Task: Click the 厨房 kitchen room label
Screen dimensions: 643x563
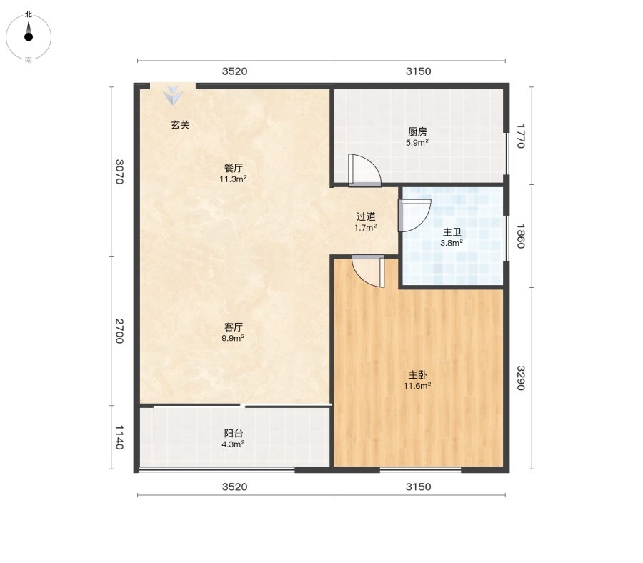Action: (x=417, y=131)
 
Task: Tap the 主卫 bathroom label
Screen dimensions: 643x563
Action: (x=452, y=232)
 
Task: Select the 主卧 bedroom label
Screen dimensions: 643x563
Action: (x=417, y=375)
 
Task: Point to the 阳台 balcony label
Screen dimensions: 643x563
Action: (x=234, y=434)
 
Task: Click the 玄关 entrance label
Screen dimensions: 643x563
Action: (x=181, y=125)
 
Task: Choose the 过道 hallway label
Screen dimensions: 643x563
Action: (x=365, y=216)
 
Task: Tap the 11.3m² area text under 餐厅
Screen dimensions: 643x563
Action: (x=233, y=179)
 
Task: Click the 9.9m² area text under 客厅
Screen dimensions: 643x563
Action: (x=233, y=338)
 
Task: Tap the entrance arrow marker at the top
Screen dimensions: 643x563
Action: (x=173, y=95)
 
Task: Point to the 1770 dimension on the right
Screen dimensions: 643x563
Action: (x=520, y=136)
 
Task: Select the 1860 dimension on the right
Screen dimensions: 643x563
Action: (x=520, y=236)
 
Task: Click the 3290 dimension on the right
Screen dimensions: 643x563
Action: (x=520, y=378)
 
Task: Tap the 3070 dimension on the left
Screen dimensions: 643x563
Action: (x=119, y=171)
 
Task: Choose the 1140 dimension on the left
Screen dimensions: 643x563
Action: (x=119, y=437)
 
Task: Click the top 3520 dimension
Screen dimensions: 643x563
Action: (x=234, y=71)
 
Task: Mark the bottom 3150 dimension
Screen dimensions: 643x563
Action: (x=418, y=487)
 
